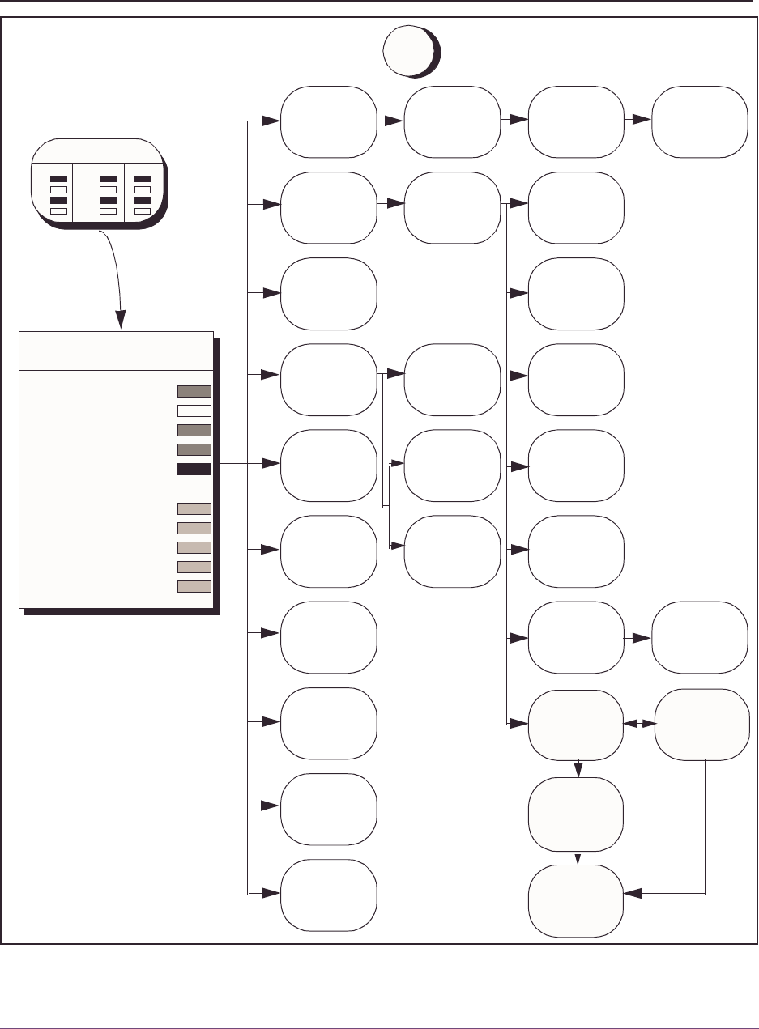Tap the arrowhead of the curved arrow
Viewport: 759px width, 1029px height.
pyautogui.click(x=122, y=322)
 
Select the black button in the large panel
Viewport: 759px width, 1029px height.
pyautogui.click(x=194, y=469)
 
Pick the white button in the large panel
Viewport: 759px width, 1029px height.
pyautogui.click(x=194, y=410)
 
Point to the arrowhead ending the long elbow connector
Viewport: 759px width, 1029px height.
pyautogui.click(x=633, y=894)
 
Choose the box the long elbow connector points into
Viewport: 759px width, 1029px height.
pyautogui.click(x=576, y=900)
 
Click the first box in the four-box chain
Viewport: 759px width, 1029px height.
pyautogui.click(x=328, y=121)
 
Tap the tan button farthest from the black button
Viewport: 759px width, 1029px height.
pyautogui.click(x=194, y=586)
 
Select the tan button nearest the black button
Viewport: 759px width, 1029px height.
pyautogui.click(x=194, y=508)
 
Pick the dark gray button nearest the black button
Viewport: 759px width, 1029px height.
pyautogui.click(x=194, y=449)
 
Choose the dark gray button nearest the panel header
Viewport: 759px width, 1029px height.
pyautogui.click(x=194, y=391)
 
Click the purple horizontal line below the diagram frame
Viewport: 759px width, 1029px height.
pyautogui.click(x=379, y=1007)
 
